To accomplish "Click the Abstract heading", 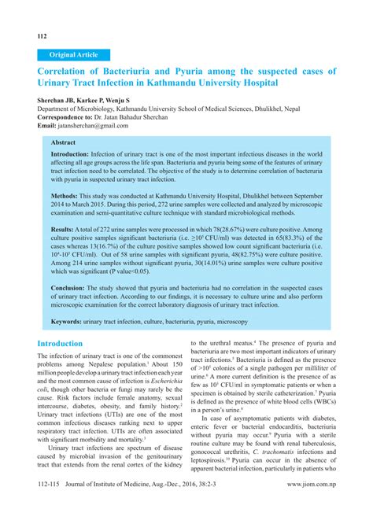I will click(65, 143).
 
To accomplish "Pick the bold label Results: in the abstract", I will click(66, 228).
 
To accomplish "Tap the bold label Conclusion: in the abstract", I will click(72, 288).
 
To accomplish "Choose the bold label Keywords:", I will click(72, 322).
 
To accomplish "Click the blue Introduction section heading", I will click(71, 345).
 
